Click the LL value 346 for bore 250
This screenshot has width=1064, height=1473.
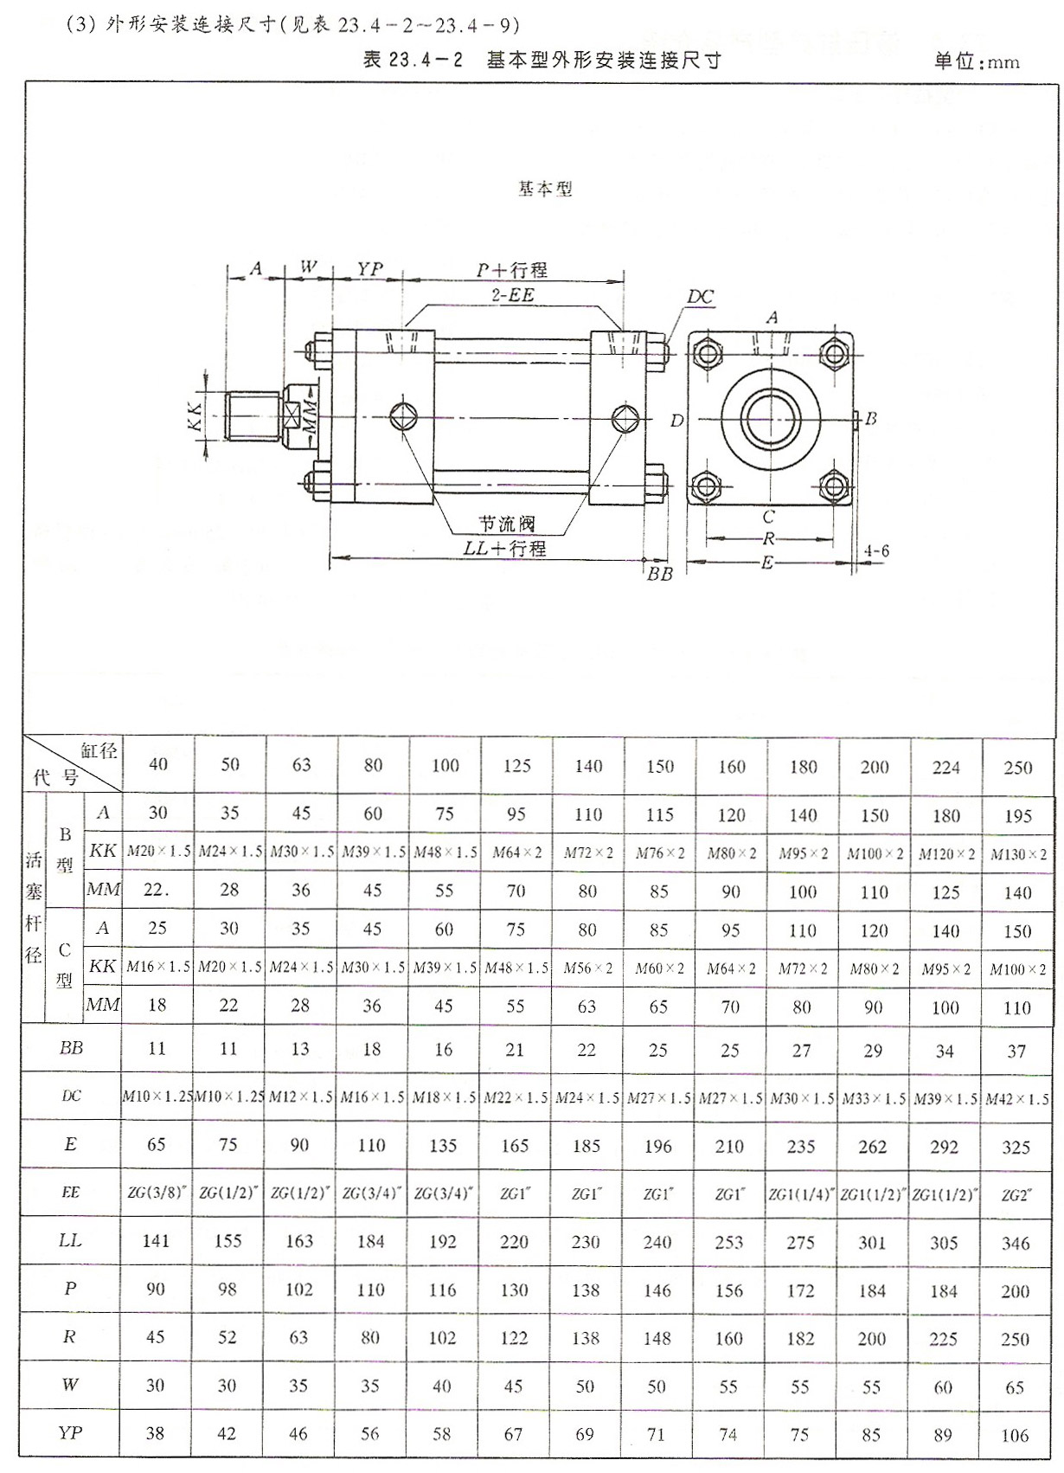(x=1016, y=1244)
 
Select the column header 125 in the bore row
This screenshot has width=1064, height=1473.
(x=516, y=766)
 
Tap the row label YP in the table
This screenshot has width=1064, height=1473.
(x=70, y=1433)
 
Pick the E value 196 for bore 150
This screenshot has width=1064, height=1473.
(x=657, y=1147)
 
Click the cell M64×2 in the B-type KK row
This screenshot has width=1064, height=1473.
(x=516, y=852)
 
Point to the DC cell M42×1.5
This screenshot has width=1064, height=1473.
(x=1017, y=1098)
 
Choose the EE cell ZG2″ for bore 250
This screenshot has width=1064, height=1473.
(x=1016, y=1195)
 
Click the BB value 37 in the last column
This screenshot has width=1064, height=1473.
(x=1016, y=1051)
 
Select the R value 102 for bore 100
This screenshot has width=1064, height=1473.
(x=442, y=1338)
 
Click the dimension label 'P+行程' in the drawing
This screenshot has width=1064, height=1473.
(x=512, y=270)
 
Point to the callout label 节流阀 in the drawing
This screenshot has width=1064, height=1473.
(x=507, y=524)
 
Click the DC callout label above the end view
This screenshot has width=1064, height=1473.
(x=701, y=297)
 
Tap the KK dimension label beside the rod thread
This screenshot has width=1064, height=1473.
(x=195, y=416)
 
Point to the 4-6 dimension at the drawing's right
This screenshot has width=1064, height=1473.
(x=876, y=551)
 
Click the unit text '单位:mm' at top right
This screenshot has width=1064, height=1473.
(x=977, y=61)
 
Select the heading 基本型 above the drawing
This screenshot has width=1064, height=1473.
(x=545, y=189)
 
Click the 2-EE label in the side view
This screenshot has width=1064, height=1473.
(x=513, y=295)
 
